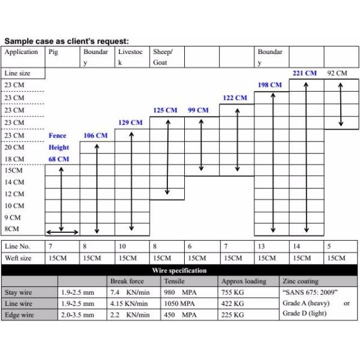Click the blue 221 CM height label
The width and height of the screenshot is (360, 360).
pyautogui.click(x=304, y=73)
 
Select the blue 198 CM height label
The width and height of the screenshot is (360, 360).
pyautogui.click(x=269, y=85)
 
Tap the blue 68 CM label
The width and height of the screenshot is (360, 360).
pyautogui.click(x=59, y=159)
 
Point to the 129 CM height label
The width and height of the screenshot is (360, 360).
pyautogui.click(x=130, y=122)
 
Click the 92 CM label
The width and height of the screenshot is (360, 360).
pyautogui.click(x=337, y=73)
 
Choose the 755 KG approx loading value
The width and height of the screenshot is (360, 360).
pyautogui.click(x=233, y=293)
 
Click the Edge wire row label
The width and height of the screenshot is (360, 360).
pyautogui.click(x=19, y=314)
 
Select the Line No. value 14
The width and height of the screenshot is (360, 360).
pyautogui.click(x=296, y=247)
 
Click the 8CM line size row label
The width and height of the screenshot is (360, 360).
pyautogui.click(x=12, y=229)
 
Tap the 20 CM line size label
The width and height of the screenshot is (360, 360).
pyautogui.click(x=14, y=147)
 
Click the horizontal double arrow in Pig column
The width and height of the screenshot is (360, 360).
pyautogui.click(x=63, y=232)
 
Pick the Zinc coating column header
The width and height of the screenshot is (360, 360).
pyautogui.click(x=301, y=281)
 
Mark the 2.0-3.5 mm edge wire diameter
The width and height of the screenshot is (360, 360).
pyautogui.click(x=77, y=314)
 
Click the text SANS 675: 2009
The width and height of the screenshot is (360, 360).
pyautogui.click(x=310, y=293)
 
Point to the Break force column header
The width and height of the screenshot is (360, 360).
pyautogui.click(x=127, y=281)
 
